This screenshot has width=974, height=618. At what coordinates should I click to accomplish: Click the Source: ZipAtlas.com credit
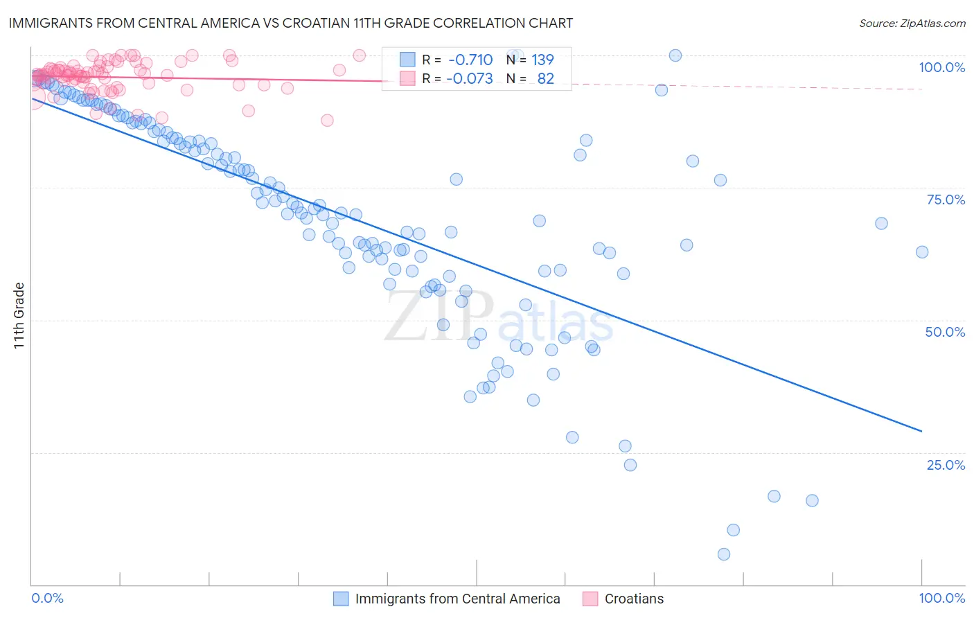pyautogui.click(x=912, y=23)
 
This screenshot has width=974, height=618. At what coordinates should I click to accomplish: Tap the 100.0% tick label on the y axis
pyautogui.click(x=941, y=67)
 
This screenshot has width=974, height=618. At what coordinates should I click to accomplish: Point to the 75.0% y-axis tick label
pyautogui.click(x=946, y=200)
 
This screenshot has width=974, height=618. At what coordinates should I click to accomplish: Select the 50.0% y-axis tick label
pyautogui.click(x=945, y=332)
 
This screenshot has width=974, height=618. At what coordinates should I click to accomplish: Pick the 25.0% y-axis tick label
pyautogui.click(x=946, y=465)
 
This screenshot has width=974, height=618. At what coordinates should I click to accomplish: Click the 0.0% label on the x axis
pyautogui.click(x=48, y=598)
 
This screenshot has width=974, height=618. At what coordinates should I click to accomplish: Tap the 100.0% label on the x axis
pyautogui.click(x=941, y=598)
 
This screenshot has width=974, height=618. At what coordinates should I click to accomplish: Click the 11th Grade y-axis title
pyautogui.click(x=19, y=316)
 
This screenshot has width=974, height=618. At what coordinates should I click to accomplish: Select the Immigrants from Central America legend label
pyautogui.click(x=457, y=599)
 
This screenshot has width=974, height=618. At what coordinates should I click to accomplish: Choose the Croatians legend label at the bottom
pyautogui.click(x=634, y=599)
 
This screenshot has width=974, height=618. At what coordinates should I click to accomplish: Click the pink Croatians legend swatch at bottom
pyautogui.click(x=590, y=599)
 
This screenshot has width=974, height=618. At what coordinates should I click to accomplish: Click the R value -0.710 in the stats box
pyautogui.click(x=470, y=60)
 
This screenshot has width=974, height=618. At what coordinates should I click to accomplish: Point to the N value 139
pyautogui.click(x=542, y=60)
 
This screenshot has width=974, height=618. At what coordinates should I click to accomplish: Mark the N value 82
pyautogui.click(x=545, y=78)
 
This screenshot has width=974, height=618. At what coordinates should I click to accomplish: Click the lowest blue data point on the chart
pyautogui.click(x=724, y=554)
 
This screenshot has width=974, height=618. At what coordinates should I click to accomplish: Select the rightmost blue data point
pyautogui.click(x=922, y=252)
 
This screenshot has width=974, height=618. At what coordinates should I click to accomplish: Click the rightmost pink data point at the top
pyautogui.click(x=359, y=55)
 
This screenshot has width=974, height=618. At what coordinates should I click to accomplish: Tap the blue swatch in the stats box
pyautogui.click(x=407, y=60)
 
